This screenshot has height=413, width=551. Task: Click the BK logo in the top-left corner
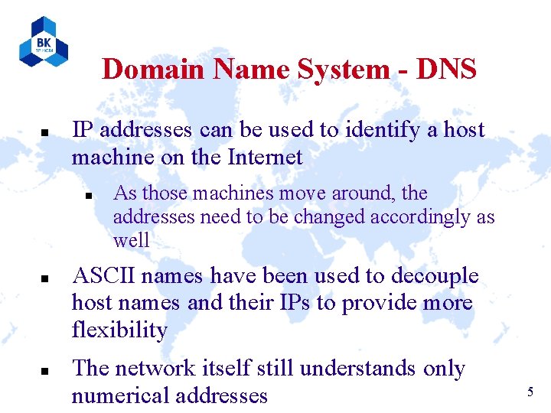(x=44, y=42)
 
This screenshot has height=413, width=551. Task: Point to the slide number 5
(x=530, y=392)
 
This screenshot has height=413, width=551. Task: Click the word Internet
(x=266, y=158)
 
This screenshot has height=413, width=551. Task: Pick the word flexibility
(x=119, y=331)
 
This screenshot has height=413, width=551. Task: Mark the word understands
(x=359, y=369)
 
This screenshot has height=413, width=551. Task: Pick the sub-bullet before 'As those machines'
(x=88, y=196)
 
